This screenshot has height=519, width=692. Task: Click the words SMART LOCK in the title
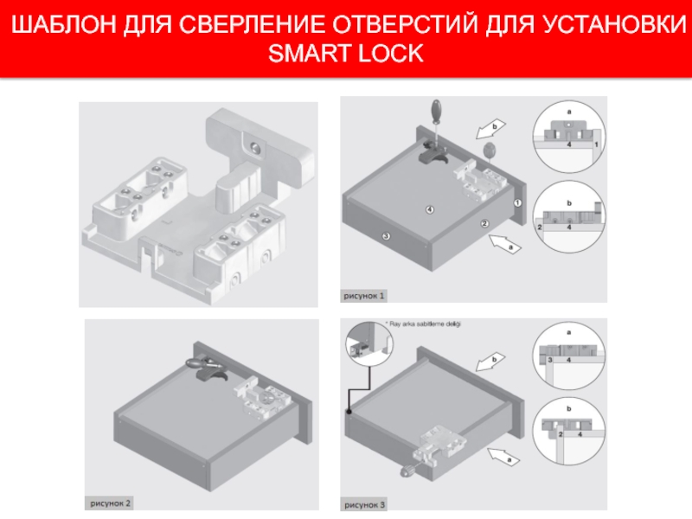point(346,54)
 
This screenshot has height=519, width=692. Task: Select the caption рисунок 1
point(365,296)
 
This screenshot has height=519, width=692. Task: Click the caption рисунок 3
point(365,503)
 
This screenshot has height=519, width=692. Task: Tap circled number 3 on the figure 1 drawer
point(386,235)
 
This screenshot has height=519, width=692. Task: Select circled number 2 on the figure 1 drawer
point(484,224)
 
